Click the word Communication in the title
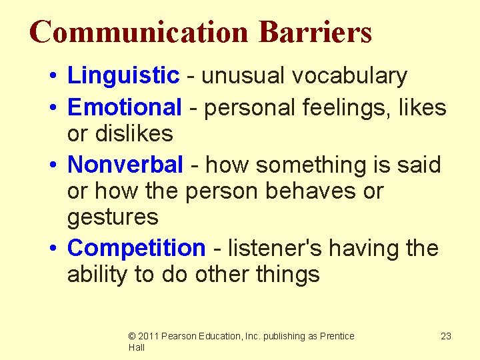[139, 32]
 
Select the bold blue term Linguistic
[123, 77]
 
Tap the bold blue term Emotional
[125, 107]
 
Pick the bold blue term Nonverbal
[125, 164]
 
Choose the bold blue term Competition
[137, 248]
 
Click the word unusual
[240, 77]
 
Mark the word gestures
[113, 217]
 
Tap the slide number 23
[446, 336]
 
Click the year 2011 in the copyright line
[149, 336]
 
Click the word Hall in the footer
[137, 347]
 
